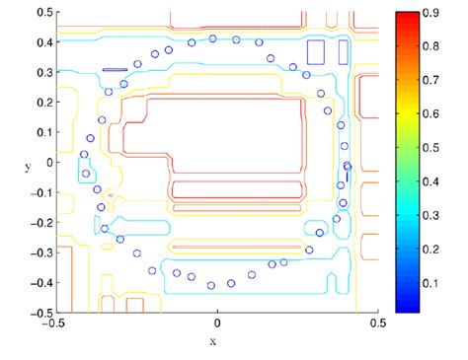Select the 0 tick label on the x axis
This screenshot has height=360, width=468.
216,323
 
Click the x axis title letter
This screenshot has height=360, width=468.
212,341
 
